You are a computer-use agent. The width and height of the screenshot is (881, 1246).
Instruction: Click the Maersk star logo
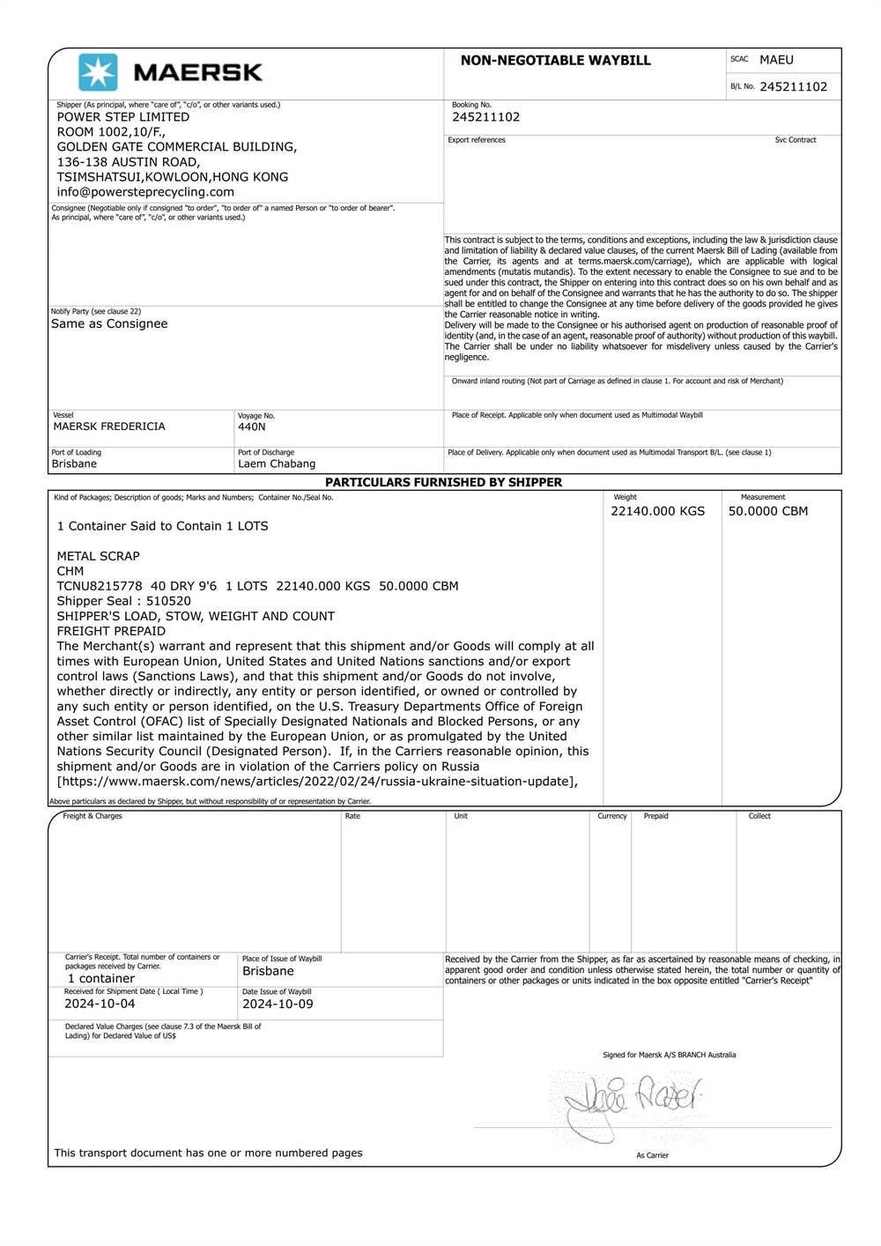tap(98, 72)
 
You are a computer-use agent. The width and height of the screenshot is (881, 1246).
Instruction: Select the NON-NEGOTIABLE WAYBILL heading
tap(555, 61)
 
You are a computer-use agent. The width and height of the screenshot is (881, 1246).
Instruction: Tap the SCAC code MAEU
tap(776, 60)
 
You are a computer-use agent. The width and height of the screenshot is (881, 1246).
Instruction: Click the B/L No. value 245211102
tap(793, 86)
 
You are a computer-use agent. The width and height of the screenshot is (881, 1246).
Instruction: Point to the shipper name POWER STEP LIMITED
tap(123, 116)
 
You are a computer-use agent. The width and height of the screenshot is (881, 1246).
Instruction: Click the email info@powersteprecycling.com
tap(145, 191)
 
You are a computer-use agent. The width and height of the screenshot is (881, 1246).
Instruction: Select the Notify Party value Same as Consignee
tap(109, 323)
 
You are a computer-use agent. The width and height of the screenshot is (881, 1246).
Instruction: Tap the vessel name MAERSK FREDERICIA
tap(109, 426)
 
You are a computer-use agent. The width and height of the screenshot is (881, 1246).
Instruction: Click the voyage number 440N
tap(251, 426)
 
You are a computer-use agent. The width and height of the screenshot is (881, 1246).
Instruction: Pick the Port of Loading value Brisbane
tap(74, 464)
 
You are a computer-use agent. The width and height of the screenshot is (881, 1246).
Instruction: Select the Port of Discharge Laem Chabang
tap(276, 464)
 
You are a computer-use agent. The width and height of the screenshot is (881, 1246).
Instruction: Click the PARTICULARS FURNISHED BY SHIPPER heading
tap(443, 482)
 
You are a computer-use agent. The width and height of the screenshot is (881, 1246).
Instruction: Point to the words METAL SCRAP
tap(98, 556)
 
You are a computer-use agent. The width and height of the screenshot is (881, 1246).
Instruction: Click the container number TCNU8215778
tap(100, 586)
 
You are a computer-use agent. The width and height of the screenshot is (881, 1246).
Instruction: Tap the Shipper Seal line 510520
tap(123, 601)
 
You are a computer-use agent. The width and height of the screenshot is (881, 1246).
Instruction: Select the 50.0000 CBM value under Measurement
tap(767, 511)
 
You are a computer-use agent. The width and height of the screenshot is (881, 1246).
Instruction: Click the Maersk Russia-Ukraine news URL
tap(317, 781)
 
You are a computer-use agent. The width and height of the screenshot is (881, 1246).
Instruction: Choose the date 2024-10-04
tap(100, 1004)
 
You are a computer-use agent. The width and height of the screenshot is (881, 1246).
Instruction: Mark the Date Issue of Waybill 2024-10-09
tap(278, 1004)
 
